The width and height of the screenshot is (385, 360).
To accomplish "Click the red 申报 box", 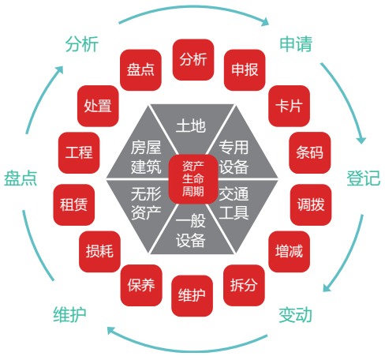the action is coord(245,70).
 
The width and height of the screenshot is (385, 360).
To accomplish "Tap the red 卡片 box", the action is coord(289,106).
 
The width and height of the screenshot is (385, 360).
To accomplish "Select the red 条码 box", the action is coord(310,152).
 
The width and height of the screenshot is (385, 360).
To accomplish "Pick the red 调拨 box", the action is coord(311,204).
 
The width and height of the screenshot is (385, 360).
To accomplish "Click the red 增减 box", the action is coord(289,252).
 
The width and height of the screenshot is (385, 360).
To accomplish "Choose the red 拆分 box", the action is coord(244,285).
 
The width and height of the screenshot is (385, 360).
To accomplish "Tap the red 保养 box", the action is coord(141,285).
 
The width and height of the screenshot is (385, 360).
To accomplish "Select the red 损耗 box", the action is coord(99,252).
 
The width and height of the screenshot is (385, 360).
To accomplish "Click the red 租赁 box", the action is coord(74,204).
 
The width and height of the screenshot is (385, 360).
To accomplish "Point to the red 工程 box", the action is coord(79,152).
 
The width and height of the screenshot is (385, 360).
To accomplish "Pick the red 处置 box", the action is coord(98,106).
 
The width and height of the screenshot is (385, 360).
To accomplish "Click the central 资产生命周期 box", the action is coord(193,179).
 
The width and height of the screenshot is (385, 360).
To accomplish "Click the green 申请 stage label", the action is coord(296,44).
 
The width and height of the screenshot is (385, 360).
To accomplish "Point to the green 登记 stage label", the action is coord(364,178).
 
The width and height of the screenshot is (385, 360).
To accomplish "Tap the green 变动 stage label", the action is coord(295,315).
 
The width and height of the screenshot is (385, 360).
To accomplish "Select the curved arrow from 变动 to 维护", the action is coord(187,351).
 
